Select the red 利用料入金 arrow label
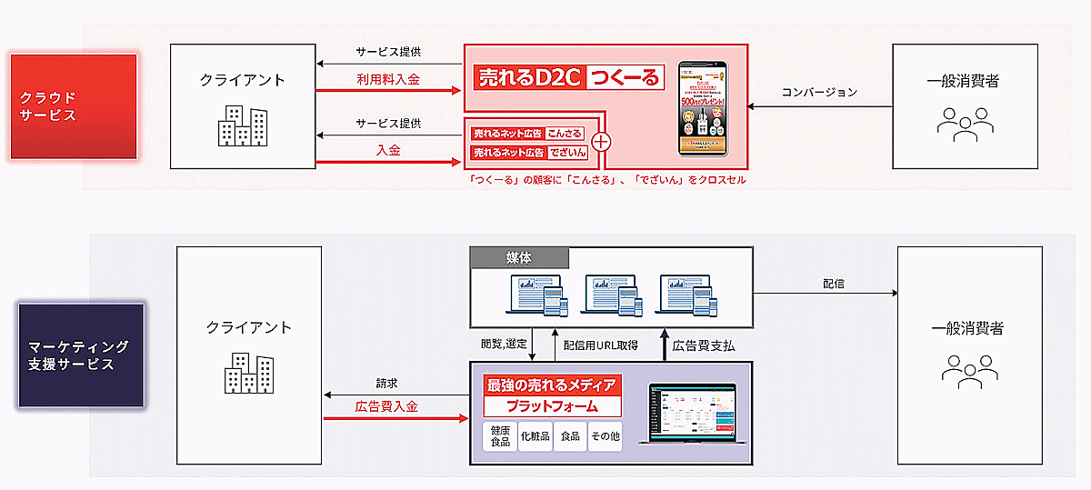388,80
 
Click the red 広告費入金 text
386,407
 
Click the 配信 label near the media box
833,284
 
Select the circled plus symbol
600,142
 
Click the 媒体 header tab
520,258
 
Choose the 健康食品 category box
500,436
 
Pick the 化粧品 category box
535,436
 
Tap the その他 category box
605,436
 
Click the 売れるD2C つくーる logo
569,78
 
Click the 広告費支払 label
704,345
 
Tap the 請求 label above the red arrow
386,383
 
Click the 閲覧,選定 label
503,345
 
